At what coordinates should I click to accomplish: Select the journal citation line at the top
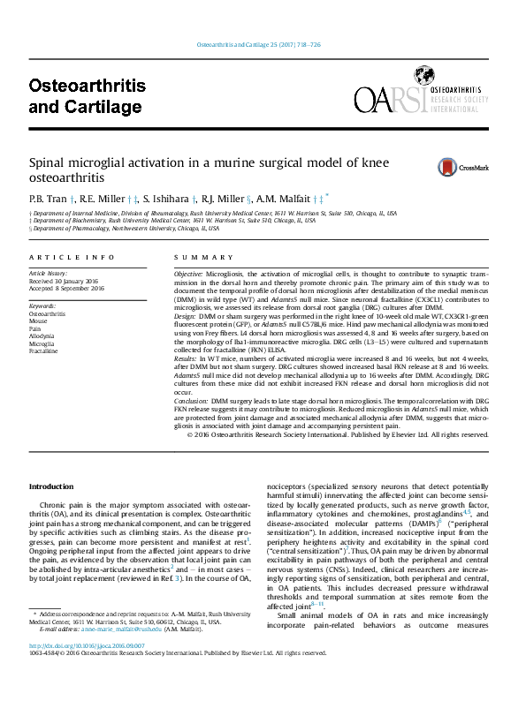coord(263,45)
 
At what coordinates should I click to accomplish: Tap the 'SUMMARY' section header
coord(193,256)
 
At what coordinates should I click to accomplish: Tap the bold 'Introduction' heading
coord(52,486)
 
